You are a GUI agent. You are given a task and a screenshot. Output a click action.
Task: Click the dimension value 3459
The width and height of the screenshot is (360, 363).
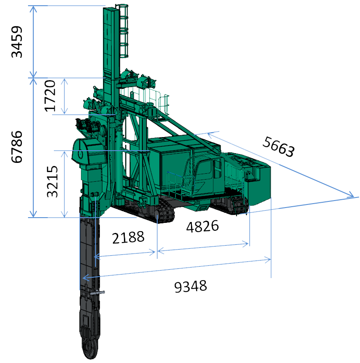[17, 42]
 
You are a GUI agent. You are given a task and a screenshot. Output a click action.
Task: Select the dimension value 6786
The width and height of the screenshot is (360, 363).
[17, 147]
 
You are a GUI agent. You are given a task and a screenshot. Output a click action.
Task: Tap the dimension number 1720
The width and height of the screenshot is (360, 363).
[50, 96]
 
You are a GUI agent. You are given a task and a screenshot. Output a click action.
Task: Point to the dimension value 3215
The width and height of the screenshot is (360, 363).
[52, 181]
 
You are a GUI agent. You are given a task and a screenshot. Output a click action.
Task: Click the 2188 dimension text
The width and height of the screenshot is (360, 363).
[128, 237]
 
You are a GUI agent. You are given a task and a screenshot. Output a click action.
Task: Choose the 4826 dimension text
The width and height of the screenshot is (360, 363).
[203, 226]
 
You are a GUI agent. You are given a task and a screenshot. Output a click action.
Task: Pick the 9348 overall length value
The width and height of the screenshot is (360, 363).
[191, 286]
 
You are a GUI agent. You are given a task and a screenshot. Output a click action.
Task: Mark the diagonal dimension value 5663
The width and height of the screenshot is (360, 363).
[279, 147]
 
